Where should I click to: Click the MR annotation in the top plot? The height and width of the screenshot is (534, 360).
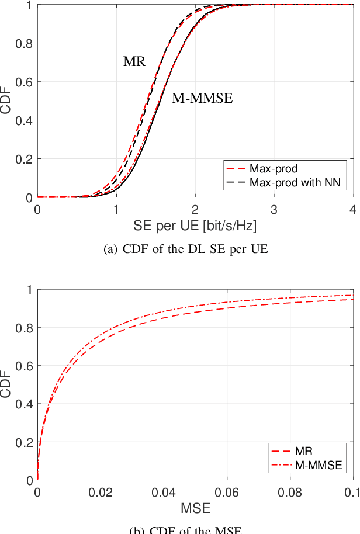(x=134, y=61)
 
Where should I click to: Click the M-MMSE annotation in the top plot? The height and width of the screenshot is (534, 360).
(x=202, y=99)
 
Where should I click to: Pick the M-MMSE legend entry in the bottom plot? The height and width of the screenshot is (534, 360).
(x=315, y=466)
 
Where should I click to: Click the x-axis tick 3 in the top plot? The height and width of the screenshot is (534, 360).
(x=274, y=209)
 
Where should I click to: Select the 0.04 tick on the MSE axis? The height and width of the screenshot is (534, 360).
(x=164, y=492)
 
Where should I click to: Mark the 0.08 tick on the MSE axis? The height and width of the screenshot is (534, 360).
(x=290, y=492)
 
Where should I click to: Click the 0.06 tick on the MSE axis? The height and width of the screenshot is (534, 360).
(x=227, y=492)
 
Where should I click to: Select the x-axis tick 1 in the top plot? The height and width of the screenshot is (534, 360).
(x=116, y=209)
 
